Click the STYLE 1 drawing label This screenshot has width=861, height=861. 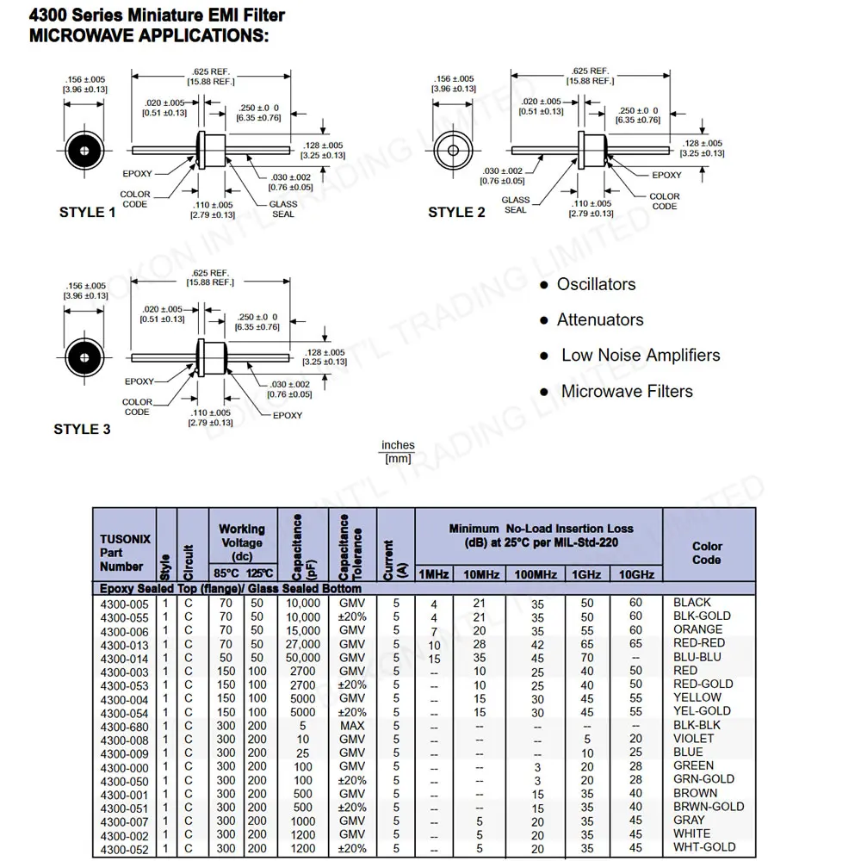pyautogui.click(x=87, y=213)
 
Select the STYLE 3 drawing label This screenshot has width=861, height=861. pyautogui.click(x=82, y=429)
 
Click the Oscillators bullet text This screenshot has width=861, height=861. pyautogui.click(x=596, y=284)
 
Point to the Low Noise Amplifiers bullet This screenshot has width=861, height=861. pyautogui.click(x=640, y=355)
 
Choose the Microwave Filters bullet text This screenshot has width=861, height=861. pyautogui.click(x=626, y=391)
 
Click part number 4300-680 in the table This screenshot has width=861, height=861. pyautogui.click(x=125, y=727)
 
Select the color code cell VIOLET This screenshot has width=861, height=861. pyautogui.click(x=693, y=739)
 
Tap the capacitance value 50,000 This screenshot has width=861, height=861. pyautogui.click(x=302, y=658)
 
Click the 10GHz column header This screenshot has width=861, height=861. pyautogui.click(x=636, y=574)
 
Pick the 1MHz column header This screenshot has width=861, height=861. pyautogui.click(x=434, y=574)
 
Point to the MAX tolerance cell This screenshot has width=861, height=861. pyautogui.click(x=352, y=726)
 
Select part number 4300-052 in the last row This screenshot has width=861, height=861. pyautogui.click(x=125, y=849)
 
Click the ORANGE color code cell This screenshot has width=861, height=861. pyautogui.click(x=697, y=629)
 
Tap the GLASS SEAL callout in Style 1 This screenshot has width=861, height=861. pyautogui.click(x=282, y=209)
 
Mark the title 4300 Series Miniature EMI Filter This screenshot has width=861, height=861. pyautogui.click(x=157, y=15)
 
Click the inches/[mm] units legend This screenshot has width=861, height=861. pyautogui.click(x=398, y=452)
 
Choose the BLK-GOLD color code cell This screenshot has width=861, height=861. pyautogui.click(x=701, y=616)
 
